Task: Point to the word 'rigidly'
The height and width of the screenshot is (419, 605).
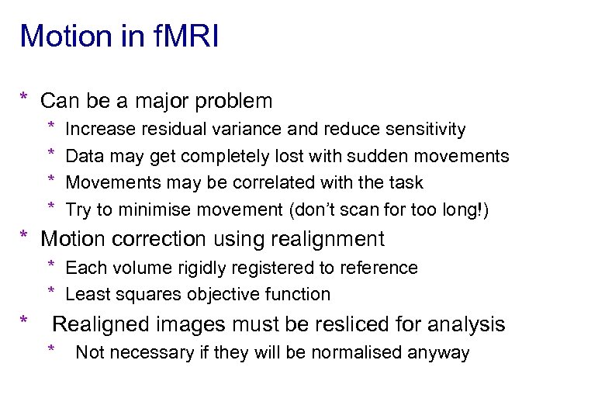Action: click(x=202, y=268)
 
